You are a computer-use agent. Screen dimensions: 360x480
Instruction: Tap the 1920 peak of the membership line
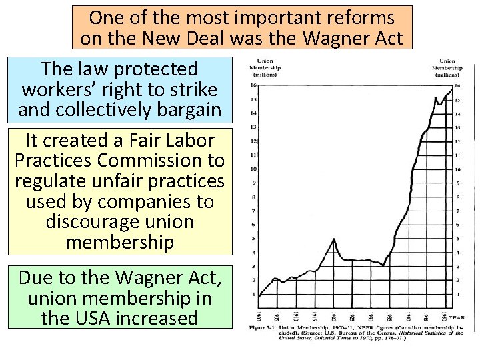click(x=333, y=239)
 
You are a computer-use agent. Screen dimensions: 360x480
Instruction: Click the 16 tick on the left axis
click(x=253, y=85)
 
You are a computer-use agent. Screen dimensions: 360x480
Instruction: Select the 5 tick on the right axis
click(x=457, y=238)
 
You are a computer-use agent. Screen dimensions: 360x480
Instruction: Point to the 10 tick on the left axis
click(x=253, y=169)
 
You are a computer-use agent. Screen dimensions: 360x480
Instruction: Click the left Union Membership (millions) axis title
click(x=265, y=68)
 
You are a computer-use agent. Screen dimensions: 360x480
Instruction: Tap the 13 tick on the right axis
click(x=457, y=127)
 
